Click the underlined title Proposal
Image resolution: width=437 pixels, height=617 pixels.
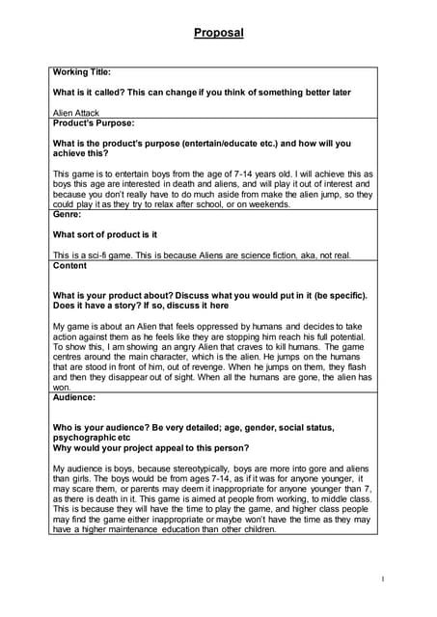pyautogui.click(x=218, y=33)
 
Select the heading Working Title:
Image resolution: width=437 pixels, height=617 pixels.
pyautogui.click(x=82, y=71)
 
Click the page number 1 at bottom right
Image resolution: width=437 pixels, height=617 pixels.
pyautogui.click(x=383, y=578)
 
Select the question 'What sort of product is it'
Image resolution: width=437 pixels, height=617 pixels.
pyautogui.click(x=104, y=234)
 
